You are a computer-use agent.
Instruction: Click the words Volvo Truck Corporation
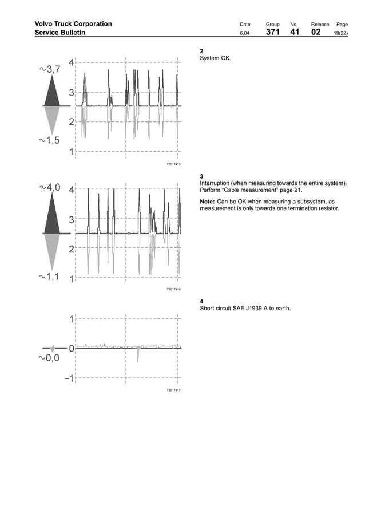(73, 24)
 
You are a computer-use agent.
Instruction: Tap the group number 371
(273, 33)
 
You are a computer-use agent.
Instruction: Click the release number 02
(316, 33)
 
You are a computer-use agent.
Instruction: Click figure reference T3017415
(173, 164)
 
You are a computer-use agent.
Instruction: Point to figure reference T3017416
(173, 290)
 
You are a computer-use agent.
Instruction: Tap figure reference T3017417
(173, 390)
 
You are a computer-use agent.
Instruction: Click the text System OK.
(216, 58)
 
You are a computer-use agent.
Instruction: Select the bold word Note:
(207, 202)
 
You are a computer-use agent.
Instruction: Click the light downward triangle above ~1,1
(52, 251)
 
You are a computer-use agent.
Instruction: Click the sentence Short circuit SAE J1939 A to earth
(245, 309)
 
